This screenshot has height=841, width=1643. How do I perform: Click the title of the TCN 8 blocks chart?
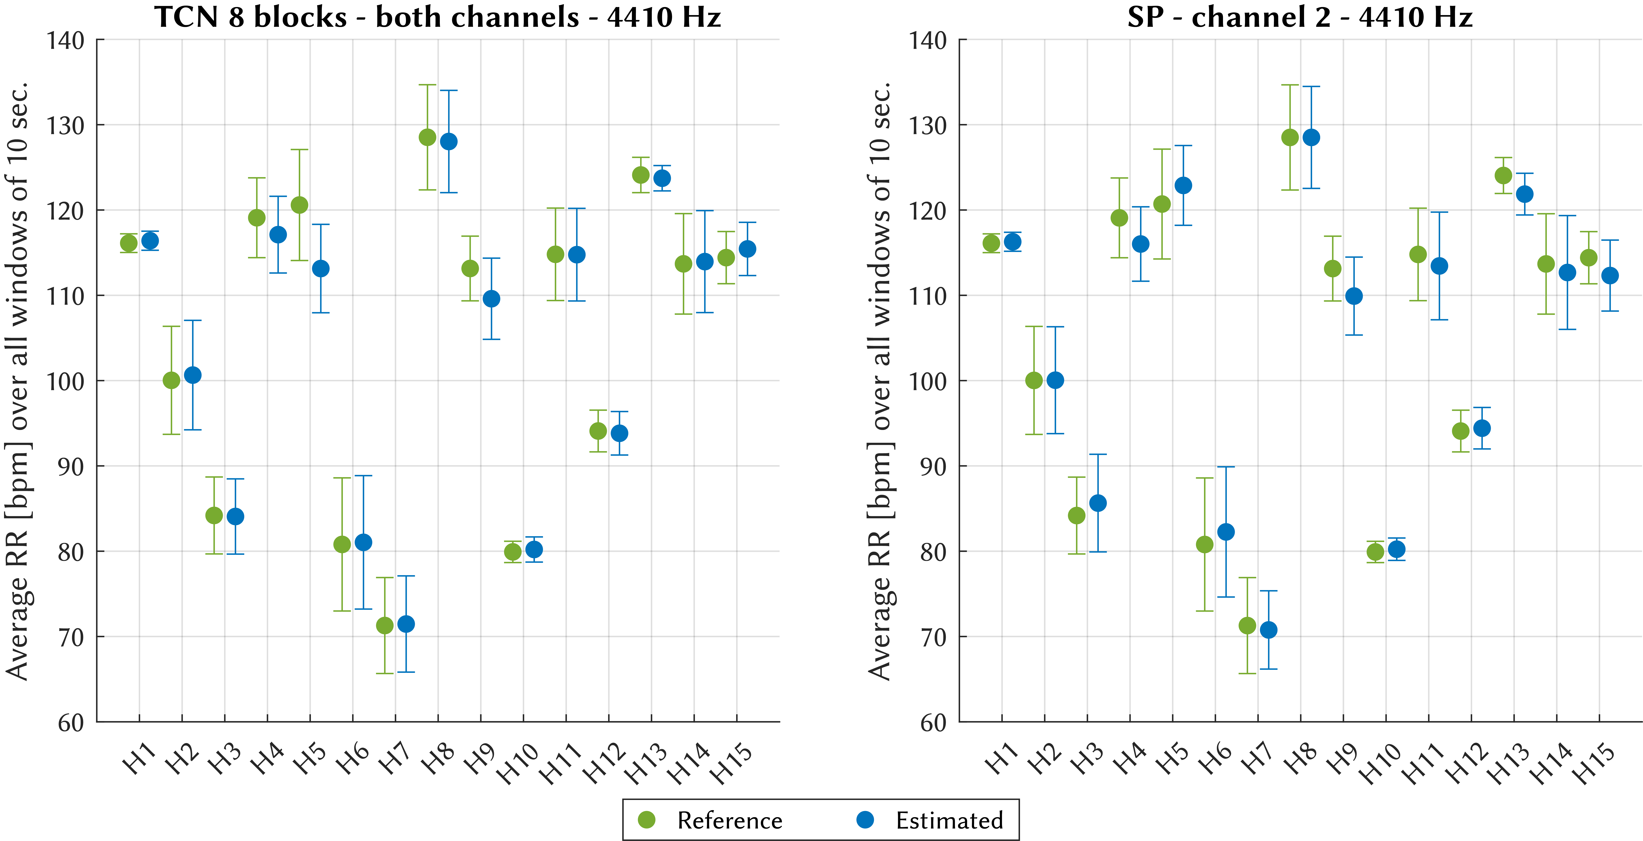(x=438, y=17)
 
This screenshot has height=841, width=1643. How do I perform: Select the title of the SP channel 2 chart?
(x=1300, y=17)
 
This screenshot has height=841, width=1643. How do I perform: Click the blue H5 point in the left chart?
(x=321, y=268)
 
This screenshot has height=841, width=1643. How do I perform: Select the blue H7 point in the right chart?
(x=1269, y=630)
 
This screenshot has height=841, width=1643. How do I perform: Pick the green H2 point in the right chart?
(x=1034, y=381)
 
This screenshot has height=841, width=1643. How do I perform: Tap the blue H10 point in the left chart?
(x=534, y=549)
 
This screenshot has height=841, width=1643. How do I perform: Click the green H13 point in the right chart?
(x=1503, y=175)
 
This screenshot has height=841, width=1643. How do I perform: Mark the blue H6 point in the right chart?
(x=1226, y=532)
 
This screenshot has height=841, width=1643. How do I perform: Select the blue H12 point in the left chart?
(x=619, y=433)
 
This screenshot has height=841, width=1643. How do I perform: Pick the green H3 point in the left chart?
(x=214, y=515)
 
